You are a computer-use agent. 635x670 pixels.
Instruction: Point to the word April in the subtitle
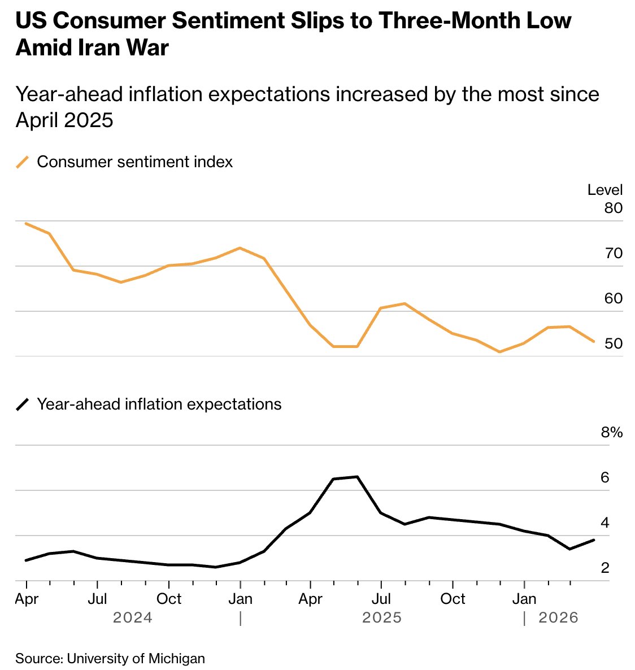point(38,120)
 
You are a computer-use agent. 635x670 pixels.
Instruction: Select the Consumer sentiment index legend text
point(134,162)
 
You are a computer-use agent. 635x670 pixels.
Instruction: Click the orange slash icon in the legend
point(23,162)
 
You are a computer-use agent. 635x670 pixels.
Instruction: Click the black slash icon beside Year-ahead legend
point(23,404)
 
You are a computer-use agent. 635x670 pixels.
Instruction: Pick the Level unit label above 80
point(604,190)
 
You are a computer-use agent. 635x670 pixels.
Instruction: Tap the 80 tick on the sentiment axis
point(613,208)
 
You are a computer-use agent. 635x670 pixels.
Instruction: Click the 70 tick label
point(613,253)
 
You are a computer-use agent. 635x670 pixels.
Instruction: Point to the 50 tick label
point(613,343)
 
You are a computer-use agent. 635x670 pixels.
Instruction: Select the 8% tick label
point(611,433)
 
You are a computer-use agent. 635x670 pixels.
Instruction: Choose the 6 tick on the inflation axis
point(605,478)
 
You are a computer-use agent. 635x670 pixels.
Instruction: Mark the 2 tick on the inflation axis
point(605,568)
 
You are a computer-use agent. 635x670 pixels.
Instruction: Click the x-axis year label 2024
point(133,617)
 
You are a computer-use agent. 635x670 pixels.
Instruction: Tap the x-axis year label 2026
point(558,617)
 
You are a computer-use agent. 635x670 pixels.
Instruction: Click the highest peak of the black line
point(357,477)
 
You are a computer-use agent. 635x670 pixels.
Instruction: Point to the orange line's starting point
point(26,223)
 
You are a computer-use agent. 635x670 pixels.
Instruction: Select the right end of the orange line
point(594,341)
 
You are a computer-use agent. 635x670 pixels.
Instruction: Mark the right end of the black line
point(594,540)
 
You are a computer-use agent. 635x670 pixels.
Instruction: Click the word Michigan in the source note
point(177,658)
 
